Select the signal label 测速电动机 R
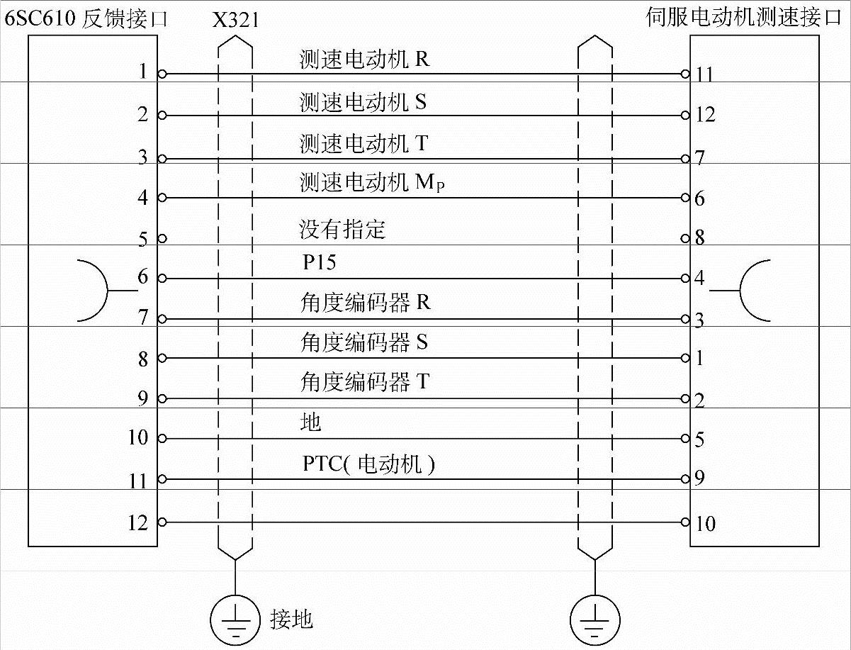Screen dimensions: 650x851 point(364,60)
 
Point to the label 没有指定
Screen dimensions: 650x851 point(342,230)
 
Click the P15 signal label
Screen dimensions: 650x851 point(319,262)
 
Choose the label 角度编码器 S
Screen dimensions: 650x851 point(364,343)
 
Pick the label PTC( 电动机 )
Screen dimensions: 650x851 point(368,464)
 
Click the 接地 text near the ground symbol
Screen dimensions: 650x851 point(291,619)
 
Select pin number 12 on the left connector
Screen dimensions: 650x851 point(137,523)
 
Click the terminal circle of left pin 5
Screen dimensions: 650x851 point(162,238)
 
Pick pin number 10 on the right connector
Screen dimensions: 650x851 point(706,524)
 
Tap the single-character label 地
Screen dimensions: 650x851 point(311,422)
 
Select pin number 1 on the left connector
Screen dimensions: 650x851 point(143,71)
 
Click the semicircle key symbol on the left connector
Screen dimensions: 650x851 point(92,291)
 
